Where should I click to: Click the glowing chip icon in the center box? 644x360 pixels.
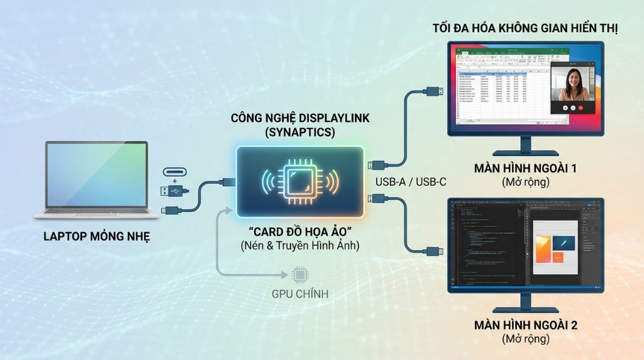[x=299, y=181]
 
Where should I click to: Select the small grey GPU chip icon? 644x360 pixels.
[x=299, y=275]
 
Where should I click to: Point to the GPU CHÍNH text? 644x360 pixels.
[x=299, y=294]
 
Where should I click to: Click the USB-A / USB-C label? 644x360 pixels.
[x=410, y=182]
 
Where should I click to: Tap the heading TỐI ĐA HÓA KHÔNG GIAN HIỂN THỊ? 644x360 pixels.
[x=525, y=28]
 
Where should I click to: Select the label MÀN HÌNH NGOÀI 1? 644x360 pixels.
[x=525, y=169]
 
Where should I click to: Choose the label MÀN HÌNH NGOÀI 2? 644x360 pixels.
[x=525, y=325]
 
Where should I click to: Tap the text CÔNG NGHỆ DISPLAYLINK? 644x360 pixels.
[x=299, y=118]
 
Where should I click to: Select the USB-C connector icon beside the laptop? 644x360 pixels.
[x=176, y=171]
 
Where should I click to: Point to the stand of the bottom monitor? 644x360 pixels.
[x=525, y=304]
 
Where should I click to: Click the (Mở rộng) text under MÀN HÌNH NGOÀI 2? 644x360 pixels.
[x=525, y=339]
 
